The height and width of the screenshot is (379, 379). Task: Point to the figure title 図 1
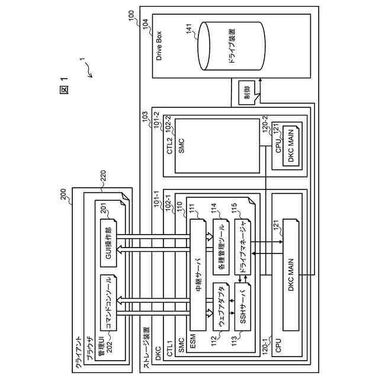pyautogui.click(x=65, y=86)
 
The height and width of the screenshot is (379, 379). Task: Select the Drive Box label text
pyautogui.click(x=159, y=44)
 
